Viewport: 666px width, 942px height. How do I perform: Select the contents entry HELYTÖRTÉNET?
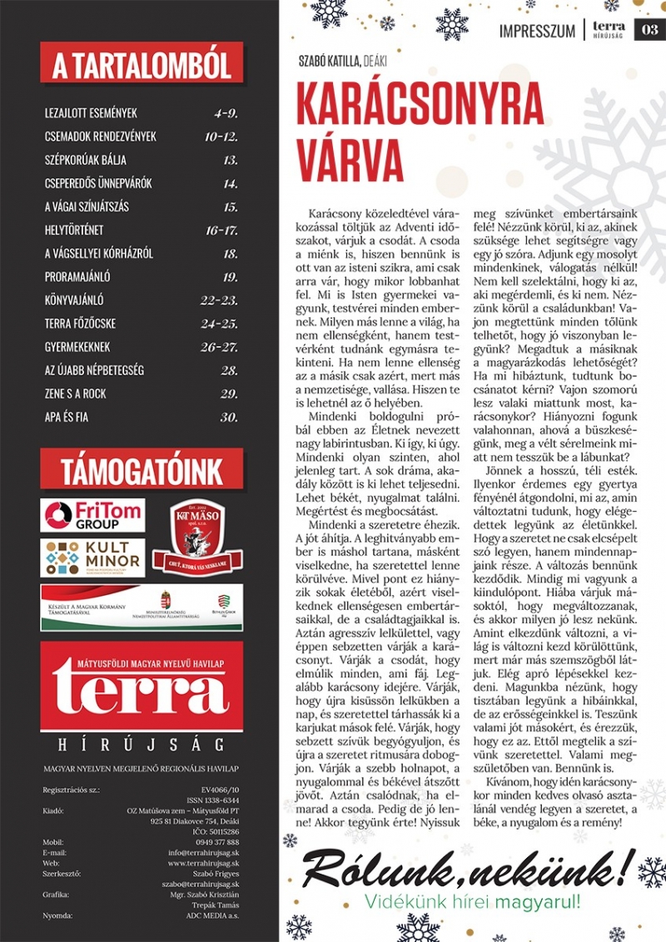tap(74, 231)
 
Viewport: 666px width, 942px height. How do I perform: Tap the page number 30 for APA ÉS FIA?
tap(229, 417)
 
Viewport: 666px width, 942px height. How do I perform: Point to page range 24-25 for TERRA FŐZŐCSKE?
tap(221, 324)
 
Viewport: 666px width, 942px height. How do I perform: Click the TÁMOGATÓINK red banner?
tap(142, 467)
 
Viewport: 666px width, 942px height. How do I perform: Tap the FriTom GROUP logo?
tap(92, 516)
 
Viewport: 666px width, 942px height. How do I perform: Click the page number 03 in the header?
tap(649, 30)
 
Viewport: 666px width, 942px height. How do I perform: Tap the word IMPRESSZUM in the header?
tap(537, 32)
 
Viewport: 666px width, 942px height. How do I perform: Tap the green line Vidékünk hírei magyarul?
tap(472, 902)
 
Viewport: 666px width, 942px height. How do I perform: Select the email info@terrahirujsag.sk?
tap(203, 851)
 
